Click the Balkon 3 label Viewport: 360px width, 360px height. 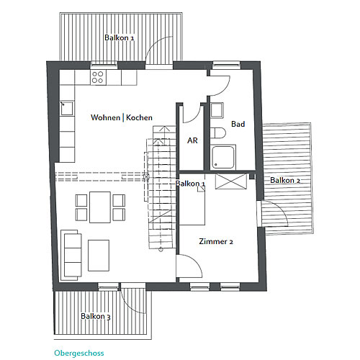pyautogui.click(x=96, y=316)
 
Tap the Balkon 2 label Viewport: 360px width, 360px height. pyautogui.click(x=285, y=180)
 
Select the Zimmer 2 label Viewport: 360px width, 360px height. pyautogui.click(x=216, y=241)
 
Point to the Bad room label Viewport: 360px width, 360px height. pyautogui.click(x=238, y=124)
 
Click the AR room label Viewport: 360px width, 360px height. pyautogui.click(x=192, y=140)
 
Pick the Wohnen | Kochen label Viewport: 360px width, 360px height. pyautogui.click(x=122, y=117)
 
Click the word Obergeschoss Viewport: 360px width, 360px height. pyautogui.click(x=79, y=353)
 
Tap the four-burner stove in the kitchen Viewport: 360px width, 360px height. pyautogui.click(x=98, y=77)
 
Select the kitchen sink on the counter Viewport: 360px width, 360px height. pyautogui.click(x=67, y=109)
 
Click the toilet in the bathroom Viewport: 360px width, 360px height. pyautogui.click(x=218, y=133)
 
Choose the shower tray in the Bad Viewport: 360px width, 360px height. pyautogui.click(x=223, y=157)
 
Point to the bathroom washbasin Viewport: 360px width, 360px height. pyautogui.click(x=217, y=110)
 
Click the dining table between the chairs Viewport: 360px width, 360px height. pyautogui.click(x=100, y=207)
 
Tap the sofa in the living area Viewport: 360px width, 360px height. pyautogui.click(x=71, y=255)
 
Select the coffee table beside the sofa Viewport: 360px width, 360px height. pyautogui.click(x=99, y=256)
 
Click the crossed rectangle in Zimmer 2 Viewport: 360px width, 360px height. pyautogui.click(x=231, y=181)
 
